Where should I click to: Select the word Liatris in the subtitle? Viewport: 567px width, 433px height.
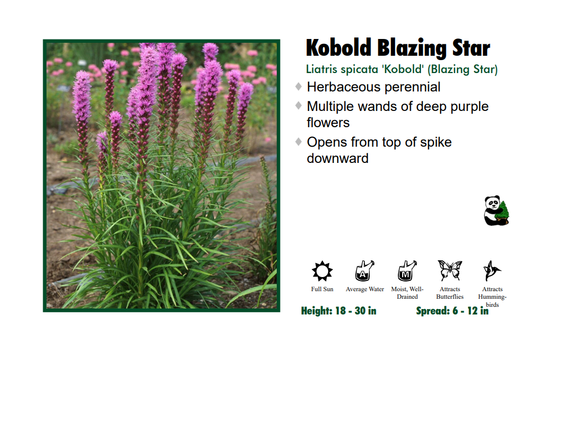click(x=323, y=69)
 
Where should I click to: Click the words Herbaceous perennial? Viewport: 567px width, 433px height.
click(x=373, y=87)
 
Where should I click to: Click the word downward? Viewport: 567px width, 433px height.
click(x=338, y=159)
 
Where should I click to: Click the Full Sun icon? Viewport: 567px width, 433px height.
click(x=322, y=270)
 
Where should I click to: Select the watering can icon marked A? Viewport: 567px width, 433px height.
click(x=364, y=270)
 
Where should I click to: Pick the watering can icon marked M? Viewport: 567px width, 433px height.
click(x=407, y=270)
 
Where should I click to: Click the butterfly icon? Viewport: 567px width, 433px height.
click(x=450, y=270)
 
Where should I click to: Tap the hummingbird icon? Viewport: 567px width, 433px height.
click(x=492, y=270)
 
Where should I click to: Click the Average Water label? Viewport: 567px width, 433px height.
click(x=365, y=290)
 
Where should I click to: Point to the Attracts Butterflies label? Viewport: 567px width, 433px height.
click(x=450, y=293)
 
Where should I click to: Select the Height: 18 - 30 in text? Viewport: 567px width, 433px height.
click(x=339, y=311)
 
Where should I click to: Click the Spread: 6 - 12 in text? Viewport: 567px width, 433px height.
click(x=452, y=311)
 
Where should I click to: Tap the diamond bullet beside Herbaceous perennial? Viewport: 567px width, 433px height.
click(x=299, y=87)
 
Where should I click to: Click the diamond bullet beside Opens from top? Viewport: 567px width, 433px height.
click(x=299, y=142)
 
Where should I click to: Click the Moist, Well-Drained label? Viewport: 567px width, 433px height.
click(x=407, y=293)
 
